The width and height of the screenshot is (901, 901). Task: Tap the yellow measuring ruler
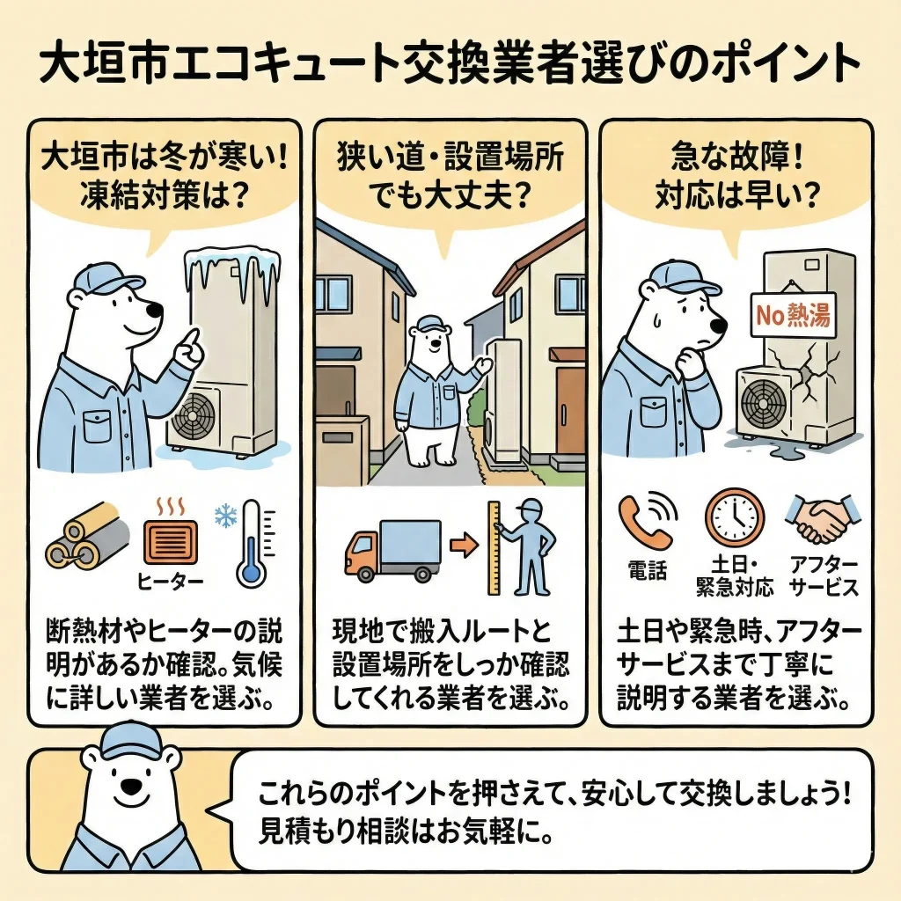point(494,547)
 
